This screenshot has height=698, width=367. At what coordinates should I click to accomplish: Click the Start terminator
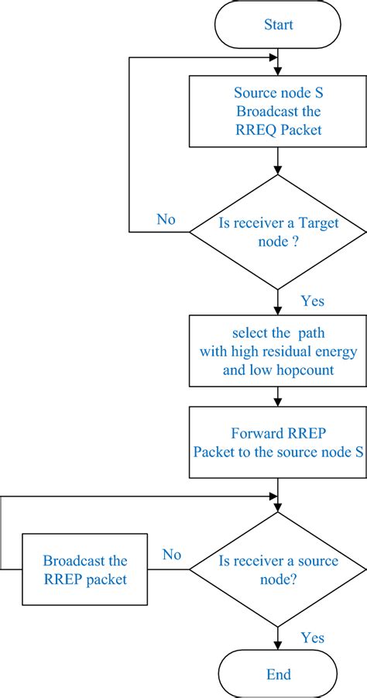278,26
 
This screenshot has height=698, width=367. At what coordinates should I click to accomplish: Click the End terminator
278,674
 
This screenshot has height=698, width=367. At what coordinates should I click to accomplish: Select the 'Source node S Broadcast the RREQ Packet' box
278,112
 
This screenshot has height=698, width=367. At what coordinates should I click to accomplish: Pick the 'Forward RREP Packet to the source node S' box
278,442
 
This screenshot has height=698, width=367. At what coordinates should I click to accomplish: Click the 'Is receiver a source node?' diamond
278,569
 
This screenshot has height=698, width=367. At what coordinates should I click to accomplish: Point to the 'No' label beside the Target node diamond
166,219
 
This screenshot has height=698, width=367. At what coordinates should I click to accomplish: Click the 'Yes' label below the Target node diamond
312,301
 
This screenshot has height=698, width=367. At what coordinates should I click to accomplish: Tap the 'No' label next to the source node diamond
172,555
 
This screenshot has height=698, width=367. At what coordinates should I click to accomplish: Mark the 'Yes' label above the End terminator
312,638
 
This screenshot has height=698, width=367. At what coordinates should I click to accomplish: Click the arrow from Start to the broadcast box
278,62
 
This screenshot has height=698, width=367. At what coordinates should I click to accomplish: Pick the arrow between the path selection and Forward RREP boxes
278,397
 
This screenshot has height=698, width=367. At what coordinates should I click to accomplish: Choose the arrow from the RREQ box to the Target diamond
278,160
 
